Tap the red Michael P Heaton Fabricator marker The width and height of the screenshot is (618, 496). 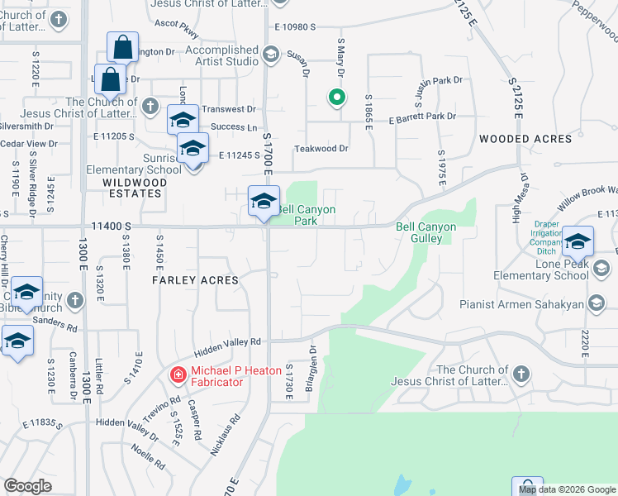(177, 375)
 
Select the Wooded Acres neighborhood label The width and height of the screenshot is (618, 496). (525, 139)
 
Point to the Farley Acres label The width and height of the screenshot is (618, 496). (195, 280)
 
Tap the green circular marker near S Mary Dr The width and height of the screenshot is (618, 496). (336, 98)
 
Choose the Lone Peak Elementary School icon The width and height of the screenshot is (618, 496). (601, 269)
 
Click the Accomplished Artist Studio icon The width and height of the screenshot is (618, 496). (270, 55)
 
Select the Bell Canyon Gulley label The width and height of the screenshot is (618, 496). (425, 232)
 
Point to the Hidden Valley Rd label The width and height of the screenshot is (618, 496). (227, 341)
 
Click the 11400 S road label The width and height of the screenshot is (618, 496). (112, 225)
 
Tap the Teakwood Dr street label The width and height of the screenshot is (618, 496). (322, 149)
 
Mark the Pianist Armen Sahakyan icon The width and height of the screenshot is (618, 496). (597, 305)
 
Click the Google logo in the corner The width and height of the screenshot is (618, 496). (28, 486)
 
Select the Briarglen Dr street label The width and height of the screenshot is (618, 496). (313, 363)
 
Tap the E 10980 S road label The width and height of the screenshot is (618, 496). (295, 27)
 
